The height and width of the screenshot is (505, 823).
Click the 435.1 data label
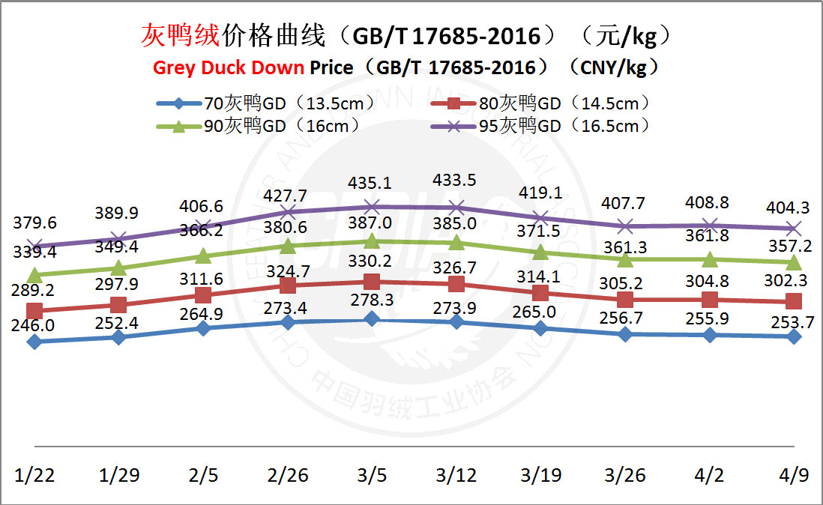tap(373, 184)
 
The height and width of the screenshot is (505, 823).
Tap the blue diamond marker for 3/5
tap(372, 319)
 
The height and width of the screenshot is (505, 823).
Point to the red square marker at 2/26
tap(288, 285)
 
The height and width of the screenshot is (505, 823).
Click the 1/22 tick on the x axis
tap(34, 475)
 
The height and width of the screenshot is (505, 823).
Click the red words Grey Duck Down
tap(229, 67)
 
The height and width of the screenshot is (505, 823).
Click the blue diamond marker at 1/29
tap(118, 337)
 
